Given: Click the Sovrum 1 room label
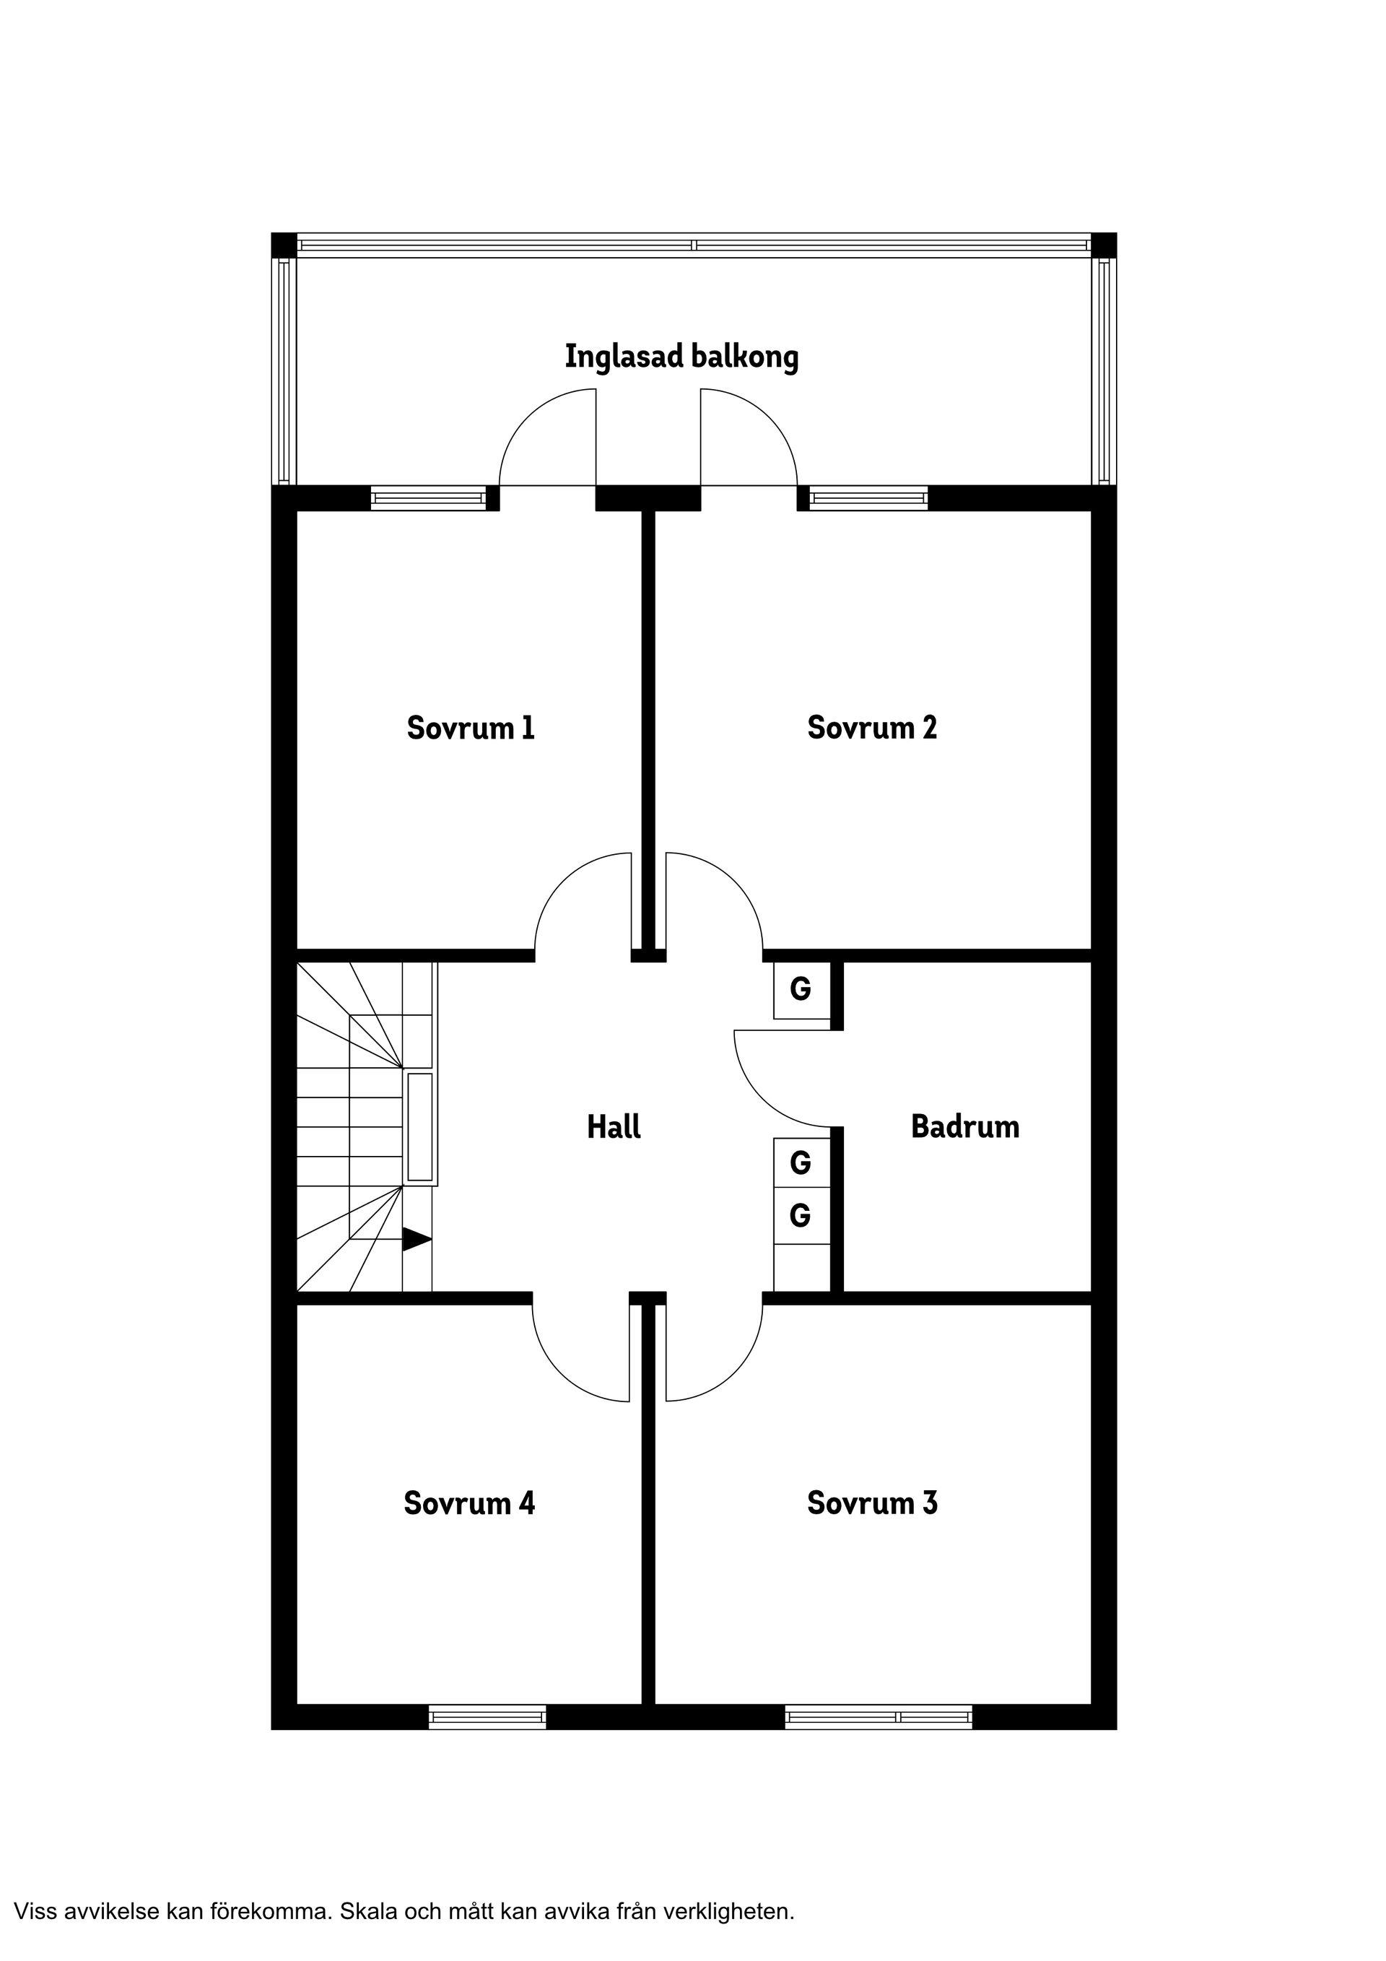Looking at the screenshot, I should click(x=471, y=729).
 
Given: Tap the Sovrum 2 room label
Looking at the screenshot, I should click(x=872, y=728).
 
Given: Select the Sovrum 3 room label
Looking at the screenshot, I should click(x=872, y=1503).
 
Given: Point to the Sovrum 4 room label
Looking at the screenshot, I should click(x=468, y=1503).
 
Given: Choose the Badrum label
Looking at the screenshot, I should click(x=965, y=1126).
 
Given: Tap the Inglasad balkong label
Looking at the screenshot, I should click(x=681, y=356).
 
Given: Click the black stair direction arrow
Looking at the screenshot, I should click(x=416, y=1240).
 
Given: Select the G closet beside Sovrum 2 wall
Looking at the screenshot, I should click(x=801, y=989).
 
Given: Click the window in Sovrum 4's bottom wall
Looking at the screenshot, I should click(x=487, y=1717).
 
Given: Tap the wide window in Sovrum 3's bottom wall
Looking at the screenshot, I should click(x=878, y=1717).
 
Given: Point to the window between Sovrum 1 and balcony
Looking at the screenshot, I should click(x=428, y=498).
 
